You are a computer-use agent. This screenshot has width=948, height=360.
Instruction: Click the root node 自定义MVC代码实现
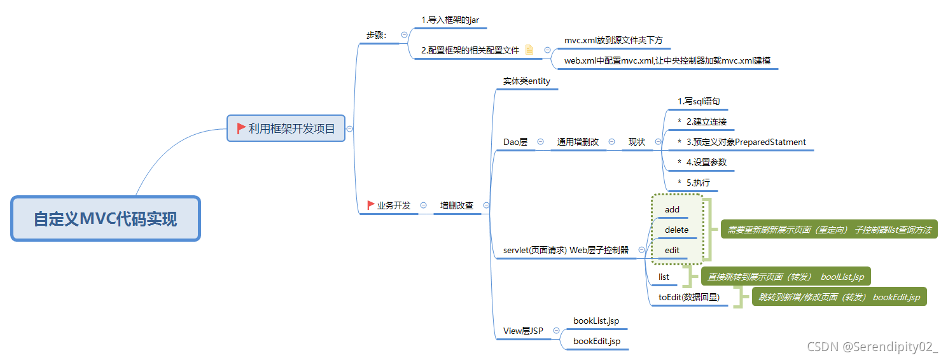(x=106, y=219)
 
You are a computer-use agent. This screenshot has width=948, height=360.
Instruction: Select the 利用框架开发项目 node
(x=286, y=128)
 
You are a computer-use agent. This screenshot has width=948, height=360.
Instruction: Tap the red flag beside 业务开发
(x=371, y=205)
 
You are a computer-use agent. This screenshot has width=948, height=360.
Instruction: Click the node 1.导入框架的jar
(x=450, y=20)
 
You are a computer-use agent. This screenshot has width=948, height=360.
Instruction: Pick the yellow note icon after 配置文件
(x=529, y=50)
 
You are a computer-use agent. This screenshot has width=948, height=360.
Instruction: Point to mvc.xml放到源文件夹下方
(x=613, y=41)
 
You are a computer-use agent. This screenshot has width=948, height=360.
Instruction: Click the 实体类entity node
(x=527, y=81)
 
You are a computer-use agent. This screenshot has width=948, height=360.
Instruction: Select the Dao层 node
(x=515, y=142)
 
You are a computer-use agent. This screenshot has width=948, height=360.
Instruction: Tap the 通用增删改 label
(x=578, y=142)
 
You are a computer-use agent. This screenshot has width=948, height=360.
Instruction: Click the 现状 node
(x=637, y=142)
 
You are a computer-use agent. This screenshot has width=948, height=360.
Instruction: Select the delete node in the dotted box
(x=676, y=230)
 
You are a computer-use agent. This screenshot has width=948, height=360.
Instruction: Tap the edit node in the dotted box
(x=672, y=250)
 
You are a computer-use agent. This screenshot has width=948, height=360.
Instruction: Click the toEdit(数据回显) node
(x=689, y=296)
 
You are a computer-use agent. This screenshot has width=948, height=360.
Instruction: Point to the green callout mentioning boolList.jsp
(x=786, y=277)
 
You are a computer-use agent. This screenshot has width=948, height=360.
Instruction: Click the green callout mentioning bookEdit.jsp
(x=839, y=297)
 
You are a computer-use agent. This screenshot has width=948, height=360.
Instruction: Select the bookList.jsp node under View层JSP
(x=596, y=321)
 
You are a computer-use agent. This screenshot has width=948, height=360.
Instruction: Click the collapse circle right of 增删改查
(x=487, y=205)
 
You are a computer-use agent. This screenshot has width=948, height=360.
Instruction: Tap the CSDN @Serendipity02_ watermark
(x=872, y=347)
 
